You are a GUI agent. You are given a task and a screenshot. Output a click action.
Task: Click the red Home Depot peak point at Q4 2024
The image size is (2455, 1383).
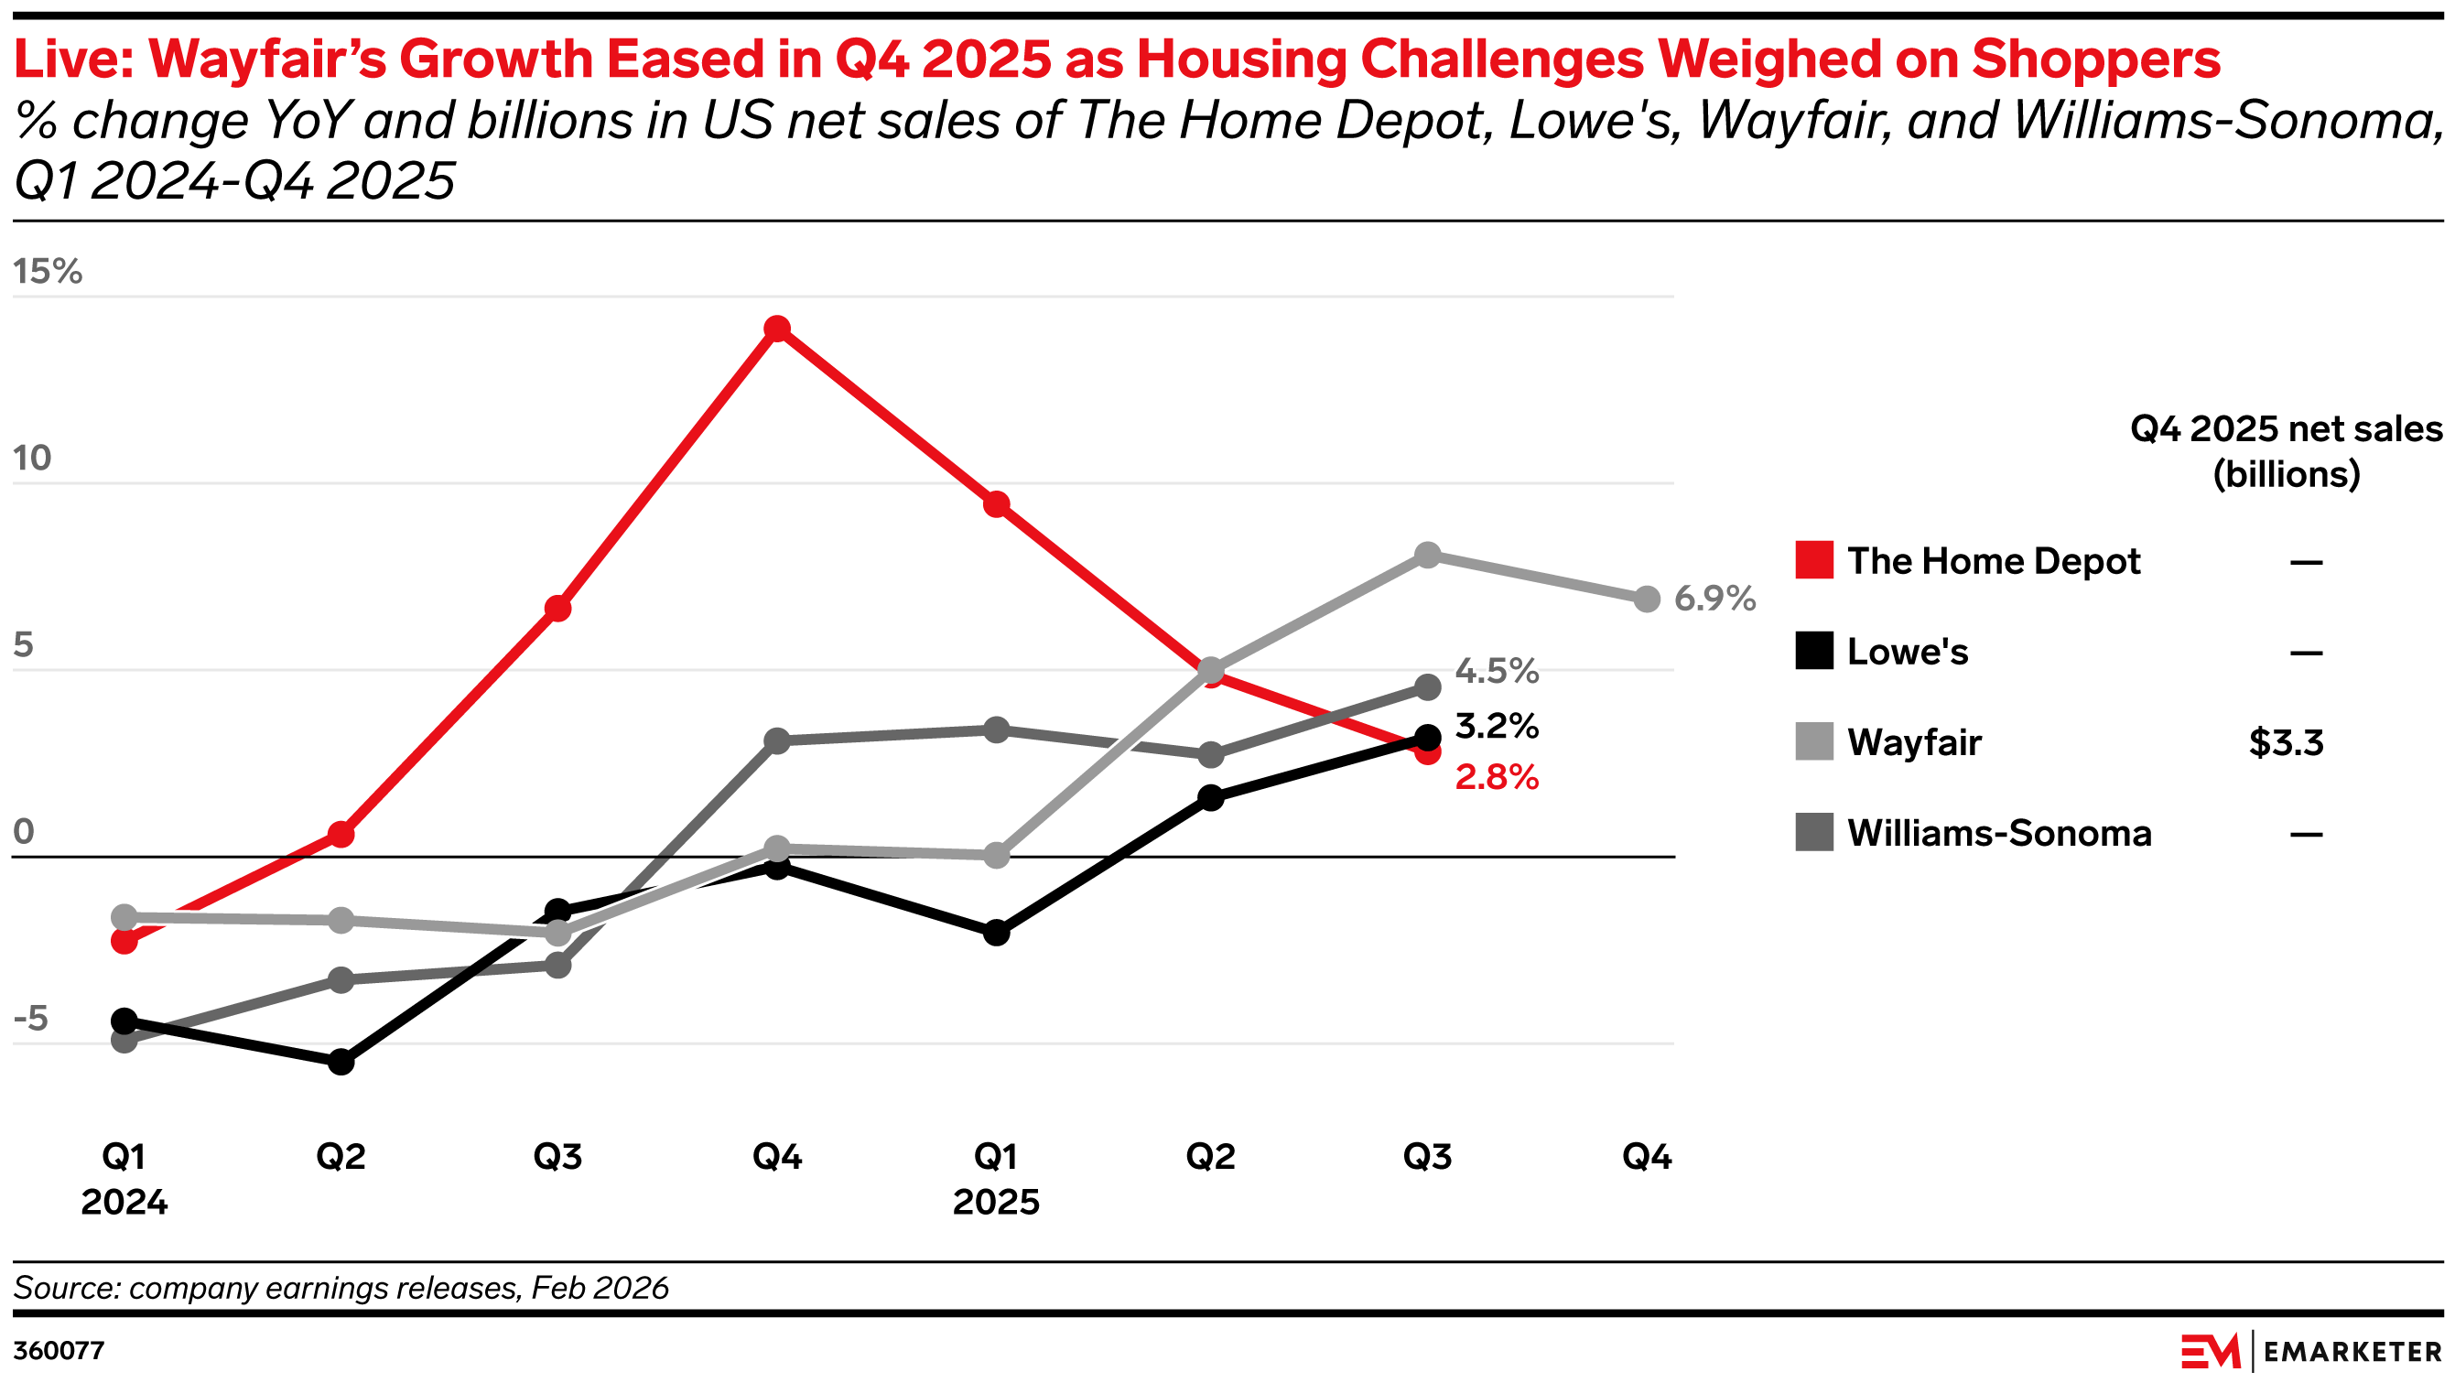pos(777,329)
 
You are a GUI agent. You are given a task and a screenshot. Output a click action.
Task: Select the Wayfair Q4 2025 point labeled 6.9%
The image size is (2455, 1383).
pos(1647,600)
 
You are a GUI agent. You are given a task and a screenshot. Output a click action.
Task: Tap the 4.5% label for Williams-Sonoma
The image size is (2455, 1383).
pos(1497,672)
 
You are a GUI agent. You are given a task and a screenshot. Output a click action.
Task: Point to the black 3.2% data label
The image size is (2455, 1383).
pos(1497,727)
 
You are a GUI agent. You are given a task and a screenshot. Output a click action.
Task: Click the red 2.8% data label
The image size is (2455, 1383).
pos(1497,778)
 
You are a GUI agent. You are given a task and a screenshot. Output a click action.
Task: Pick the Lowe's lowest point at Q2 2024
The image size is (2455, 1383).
pos(341,1062)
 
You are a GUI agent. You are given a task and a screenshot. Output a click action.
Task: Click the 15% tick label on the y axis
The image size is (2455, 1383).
pos(48,272)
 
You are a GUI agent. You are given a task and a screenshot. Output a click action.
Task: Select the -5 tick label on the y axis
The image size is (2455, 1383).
pos(30,1019)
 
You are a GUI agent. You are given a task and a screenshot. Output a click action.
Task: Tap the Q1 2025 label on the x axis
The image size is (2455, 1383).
pos(996,1179)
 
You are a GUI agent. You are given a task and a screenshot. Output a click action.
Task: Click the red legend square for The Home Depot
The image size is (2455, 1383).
pos(1813,560)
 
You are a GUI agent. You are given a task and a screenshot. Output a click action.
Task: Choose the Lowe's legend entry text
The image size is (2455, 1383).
pos(1907,652)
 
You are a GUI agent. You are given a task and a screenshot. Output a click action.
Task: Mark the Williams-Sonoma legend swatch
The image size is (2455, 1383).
pos(1813,832)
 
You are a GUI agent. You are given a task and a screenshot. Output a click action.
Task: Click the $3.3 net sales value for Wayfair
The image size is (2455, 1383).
pos(2286,742)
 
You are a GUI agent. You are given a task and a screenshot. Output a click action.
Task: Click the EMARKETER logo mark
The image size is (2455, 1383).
pos(2210,1352)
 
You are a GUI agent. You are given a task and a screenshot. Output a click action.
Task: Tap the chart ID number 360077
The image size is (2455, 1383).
pos(59,1351)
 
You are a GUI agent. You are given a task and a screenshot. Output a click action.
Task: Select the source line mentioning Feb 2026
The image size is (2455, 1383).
pos(341,1288)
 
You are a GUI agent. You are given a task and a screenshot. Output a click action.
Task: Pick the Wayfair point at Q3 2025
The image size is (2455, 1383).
pos(1427,555)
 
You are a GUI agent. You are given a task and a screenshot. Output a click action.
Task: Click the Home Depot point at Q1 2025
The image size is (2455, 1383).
pos(996,504)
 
